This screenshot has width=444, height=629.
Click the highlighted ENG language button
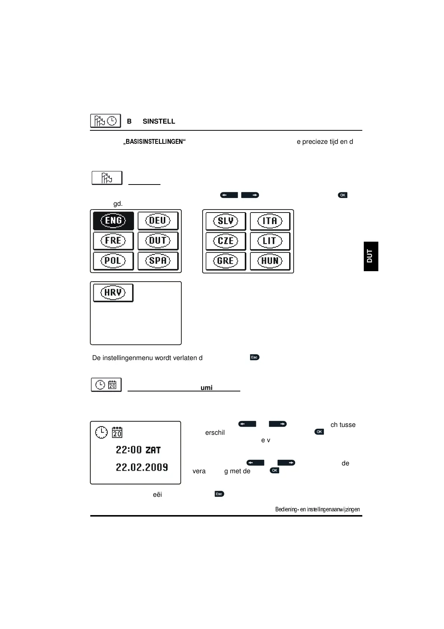click(113, 220)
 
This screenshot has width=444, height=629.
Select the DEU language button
click(158, 220)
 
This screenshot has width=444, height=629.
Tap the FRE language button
click(113, 241)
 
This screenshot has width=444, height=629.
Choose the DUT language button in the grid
click(158, 241)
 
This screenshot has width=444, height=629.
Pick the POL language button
click(113, 261)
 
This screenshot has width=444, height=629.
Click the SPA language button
click(158, 261)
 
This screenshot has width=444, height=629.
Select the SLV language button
click(225, 221)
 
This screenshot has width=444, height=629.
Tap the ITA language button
click(270, 221)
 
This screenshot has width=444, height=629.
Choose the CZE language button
click(225, 241)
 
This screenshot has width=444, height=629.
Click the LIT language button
click(270, 241)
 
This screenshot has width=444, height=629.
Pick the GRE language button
click(225, 261)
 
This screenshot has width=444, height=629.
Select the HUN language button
click(270, 261)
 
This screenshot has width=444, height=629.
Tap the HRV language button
click(113, 292)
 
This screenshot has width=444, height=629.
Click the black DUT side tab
click(370, 256)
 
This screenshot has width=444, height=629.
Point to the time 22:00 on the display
click(129, 450)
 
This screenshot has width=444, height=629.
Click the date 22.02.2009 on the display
click(142, 467)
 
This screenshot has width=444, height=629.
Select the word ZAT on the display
click(153, 450)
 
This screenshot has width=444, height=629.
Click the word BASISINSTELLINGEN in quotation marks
click(154, 142)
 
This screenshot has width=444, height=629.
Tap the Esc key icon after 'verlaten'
click(254, 357)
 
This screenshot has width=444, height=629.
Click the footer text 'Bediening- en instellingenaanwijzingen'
click(317, 509)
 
